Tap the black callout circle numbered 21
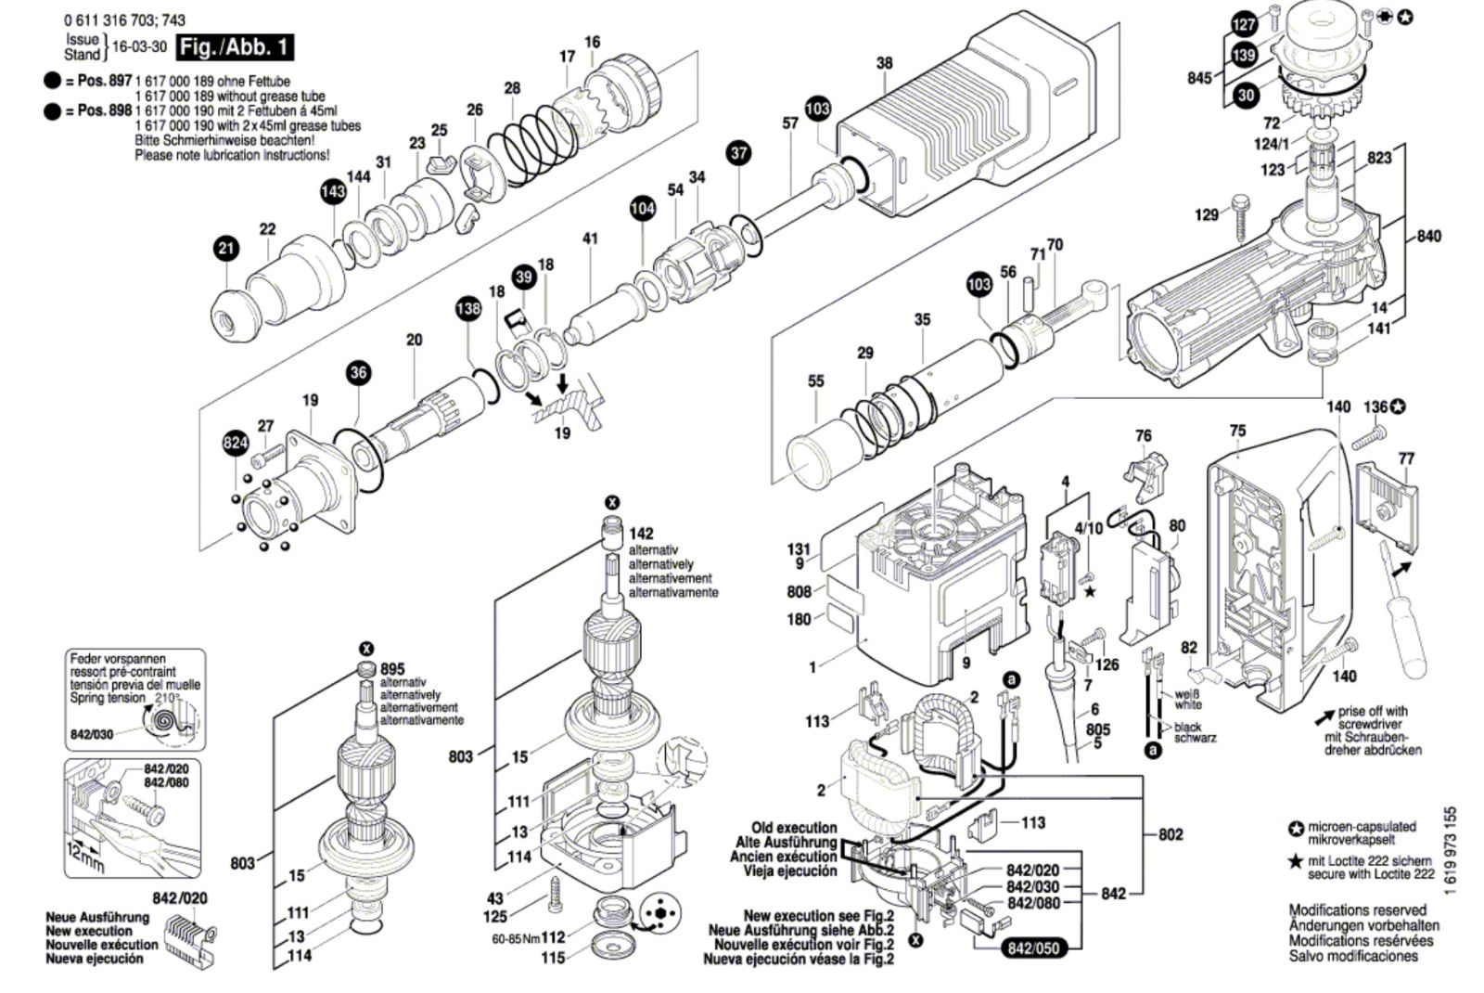pos(226,248)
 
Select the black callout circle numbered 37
pos(738,153)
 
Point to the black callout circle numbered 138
pos(468,308)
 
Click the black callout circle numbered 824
pos(236,444)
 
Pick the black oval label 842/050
pos(1032,948)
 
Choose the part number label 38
pos(884,63)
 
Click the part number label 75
pos(1237,431)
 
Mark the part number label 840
pos(1429,237)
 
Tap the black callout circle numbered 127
pos(1244,25)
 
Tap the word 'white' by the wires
pos(1189,705)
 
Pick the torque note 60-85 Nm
pos(516,937)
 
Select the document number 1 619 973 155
pos(1451,850)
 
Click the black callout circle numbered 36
pos(358,373)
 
